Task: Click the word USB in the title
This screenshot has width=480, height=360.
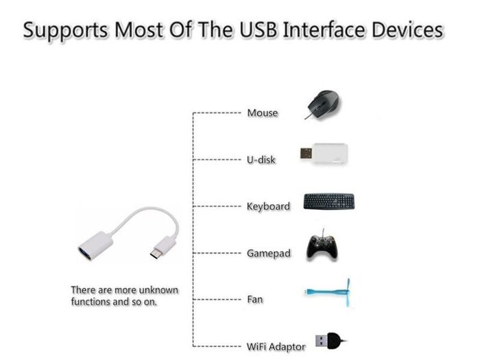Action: [x=259, y=30]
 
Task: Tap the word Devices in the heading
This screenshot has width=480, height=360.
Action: [x=407, y=30]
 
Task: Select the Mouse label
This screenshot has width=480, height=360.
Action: [x=263, y=112]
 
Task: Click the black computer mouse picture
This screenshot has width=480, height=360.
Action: [x=323, y=105]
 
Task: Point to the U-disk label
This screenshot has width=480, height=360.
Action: [x=261, y=160]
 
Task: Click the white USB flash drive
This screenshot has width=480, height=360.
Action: [x=324, y=154]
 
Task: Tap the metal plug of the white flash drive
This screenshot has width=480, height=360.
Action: [x=306, y=154]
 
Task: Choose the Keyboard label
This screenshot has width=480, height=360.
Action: [x=268, y=206]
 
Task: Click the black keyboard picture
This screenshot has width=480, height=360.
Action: [x=329, y=202]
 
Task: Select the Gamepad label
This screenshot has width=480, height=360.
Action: [x=269, y=253]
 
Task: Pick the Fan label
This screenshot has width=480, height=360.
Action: [x=255, y=299]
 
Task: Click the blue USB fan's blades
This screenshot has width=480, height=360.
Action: [x=348, y=292]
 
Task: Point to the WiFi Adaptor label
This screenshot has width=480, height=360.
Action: [x=276, y=346]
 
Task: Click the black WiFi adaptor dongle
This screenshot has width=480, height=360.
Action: [x=331, y=340]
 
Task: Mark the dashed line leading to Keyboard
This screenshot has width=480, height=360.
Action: [x=217, y=206]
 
